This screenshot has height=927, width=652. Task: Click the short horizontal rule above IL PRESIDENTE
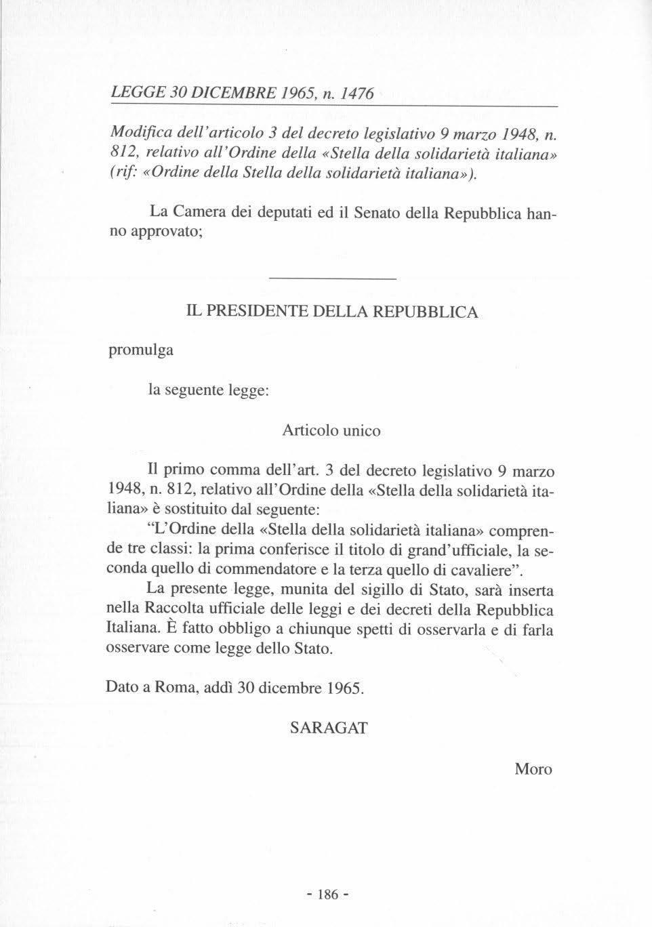[332, 279]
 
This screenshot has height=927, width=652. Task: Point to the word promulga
[140, 350]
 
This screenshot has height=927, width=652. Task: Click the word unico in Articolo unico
[361, 430]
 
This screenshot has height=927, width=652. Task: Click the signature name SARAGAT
[329, 728]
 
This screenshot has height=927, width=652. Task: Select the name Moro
[533, 769]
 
